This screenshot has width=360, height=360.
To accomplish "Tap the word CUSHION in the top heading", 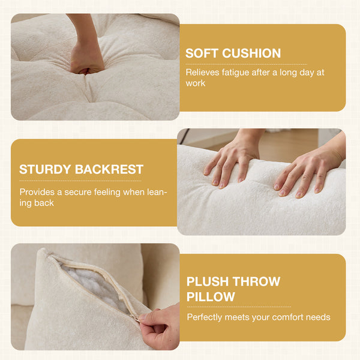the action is (x=251, y=53).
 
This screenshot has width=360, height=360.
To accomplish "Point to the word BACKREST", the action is (x=109, y=169).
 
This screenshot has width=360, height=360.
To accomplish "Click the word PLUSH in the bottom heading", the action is (x=208, y=281).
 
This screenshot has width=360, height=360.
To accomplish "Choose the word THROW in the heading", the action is (x=256, y=281).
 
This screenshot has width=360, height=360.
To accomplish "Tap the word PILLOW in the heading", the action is (x=211, y=296).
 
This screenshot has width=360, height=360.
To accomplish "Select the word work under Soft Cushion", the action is (x=196, y=83).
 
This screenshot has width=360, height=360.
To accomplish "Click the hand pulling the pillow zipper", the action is (x=160, y=326).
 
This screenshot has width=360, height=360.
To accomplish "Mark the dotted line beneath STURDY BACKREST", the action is (x=80, y=181).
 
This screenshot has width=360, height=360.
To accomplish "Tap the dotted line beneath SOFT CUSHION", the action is (x=246, y=65).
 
